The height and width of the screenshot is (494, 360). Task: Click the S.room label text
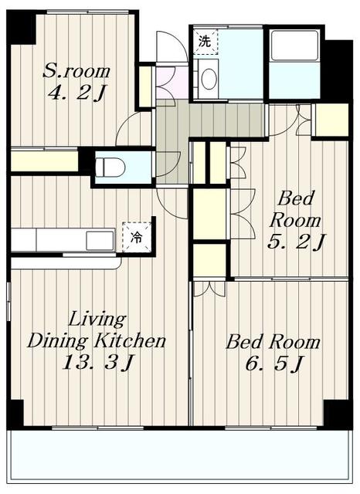[76, 71]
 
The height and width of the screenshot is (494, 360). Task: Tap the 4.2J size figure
[76, 93]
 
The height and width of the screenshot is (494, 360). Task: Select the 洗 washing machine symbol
[205, 41]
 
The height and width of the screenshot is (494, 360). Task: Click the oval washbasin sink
[209, 79]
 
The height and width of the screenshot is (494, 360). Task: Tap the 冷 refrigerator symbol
[137, 237]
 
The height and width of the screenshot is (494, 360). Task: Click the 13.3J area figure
[98, 362]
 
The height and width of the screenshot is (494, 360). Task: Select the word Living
[97, 320]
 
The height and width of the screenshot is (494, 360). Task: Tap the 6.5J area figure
[273, 364]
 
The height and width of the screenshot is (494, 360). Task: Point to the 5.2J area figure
[296, 242]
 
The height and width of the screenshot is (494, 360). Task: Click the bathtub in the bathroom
[295, 45]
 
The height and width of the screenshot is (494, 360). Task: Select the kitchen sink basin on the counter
[100, 241]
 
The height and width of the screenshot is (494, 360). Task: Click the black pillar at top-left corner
[21, 28]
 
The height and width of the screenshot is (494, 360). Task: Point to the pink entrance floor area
[172, 83]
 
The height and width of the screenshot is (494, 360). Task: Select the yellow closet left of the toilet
[45, 161]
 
